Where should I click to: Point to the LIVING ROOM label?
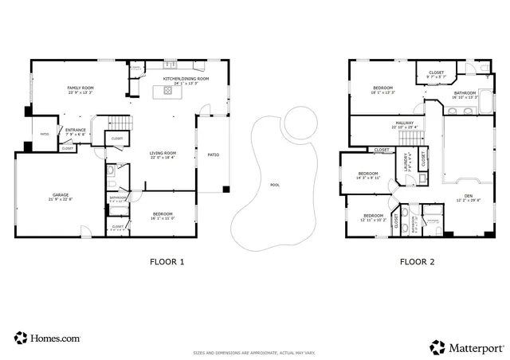coord(163,155)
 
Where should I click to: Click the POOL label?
coord(275,185)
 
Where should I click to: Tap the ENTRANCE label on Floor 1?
coord(76,131)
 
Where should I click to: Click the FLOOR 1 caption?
coord(167,261)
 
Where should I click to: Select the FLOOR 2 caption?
coord(416,261)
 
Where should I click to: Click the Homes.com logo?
coord(47,338)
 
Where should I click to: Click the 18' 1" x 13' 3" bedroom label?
coord(382,90)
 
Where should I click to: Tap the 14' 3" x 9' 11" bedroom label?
coord(367,175)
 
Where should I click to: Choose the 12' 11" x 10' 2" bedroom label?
coord(373,217)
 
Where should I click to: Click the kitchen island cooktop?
coord(168,91)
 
